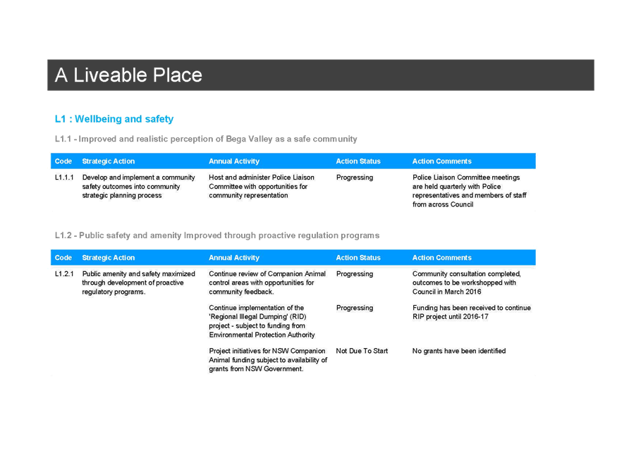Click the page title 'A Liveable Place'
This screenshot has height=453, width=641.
128,75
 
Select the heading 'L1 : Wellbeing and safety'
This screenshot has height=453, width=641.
114,119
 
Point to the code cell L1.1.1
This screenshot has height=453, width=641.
64,178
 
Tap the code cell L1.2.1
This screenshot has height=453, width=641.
64,273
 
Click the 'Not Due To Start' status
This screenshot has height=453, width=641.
362,351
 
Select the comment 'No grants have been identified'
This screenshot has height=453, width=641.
458,351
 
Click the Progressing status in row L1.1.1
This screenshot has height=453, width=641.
355,178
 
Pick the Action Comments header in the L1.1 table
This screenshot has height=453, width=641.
441,161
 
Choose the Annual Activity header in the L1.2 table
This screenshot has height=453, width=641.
234,258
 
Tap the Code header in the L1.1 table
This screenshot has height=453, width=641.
63,161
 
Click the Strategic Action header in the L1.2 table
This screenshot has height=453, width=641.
109,258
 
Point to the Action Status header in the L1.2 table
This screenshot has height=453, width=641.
358,258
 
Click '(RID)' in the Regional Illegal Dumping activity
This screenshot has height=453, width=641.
298,316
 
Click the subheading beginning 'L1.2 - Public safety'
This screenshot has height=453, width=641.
217,235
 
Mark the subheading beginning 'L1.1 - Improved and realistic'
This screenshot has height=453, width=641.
206,139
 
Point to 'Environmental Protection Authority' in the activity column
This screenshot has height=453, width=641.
262,335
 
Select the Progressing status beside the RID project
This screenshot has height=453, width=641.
355,308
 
